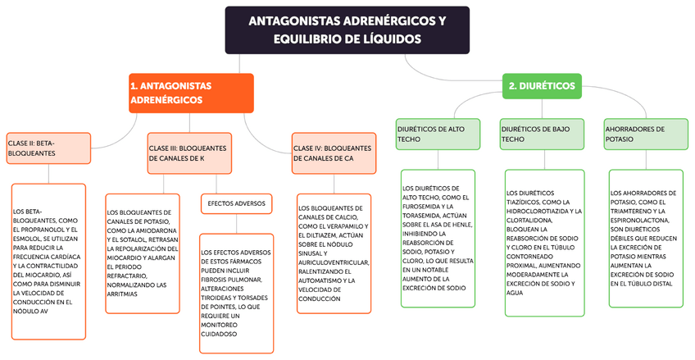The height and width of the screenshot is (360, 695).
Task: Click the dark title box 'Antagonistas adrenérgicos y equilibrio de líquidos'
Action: point(347,30)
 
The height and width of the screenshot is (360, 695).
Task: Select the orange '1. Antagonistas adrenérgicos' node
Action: point(190,93)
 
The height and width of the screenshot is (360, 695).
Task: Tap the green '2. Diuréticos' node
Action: point(541,86)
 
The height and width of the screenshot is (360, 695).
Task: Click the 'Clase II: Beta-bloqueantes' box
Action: point(47,148)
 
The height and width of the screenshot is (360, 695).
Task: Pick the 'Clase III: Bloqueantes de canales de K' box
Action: point(190,153)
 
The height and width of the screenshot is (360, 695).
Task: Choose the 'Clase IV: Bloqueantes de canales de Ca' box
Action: point(331,153)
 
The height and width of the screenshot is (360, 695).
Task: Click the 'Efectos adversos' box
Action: point(236,203)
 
